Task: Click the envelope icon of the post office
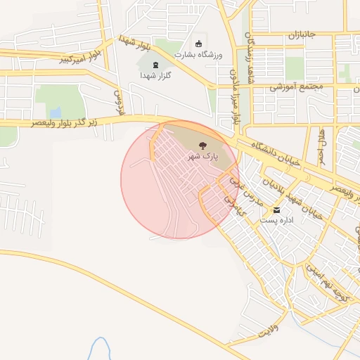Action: [x=276, y=210]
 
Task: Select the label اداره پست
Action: [x=276, y=221]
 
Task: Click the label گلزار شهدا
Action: [x=155, y=75]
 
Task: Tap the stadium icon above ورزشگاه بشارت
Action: [x=198, y=44]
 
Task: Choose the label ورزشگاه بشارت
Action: [x=198, y=54]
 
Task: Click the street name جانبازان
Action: [x=304, y=34]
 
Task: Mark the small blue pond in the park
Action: [x=55, y=112]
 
